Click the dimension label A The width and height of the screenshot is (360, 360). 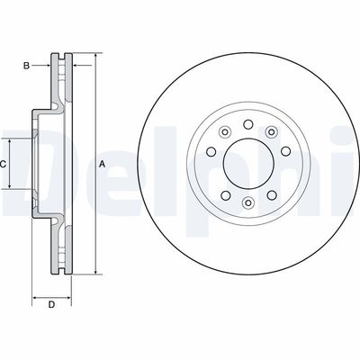coord(102,163)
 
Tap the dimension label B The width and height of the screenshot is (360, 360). coord(27,66)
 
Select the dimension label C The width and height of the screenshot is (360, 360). coord(4,163)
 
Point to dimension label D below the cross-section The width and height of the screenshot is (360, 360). coord(51,305)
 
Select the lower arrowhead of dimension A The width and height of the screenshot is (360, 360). coord(93,271)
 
